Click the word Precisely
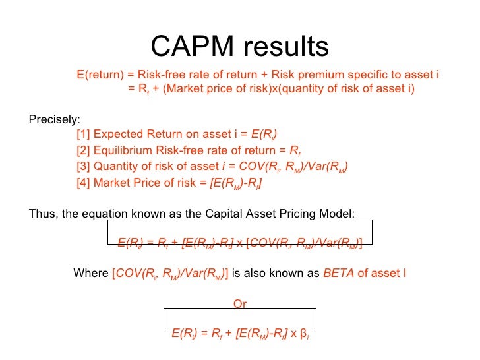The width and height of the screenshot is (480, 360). pos(54,120)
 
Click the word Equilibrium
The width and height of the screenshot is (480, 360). pos(123,151)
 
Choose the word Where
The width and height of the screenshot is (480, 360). pos(92,272)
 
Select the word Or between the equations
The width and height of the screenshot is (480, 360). pos(240,304)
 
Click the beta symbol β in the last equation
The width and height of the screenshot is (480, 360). pos(303,334)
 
